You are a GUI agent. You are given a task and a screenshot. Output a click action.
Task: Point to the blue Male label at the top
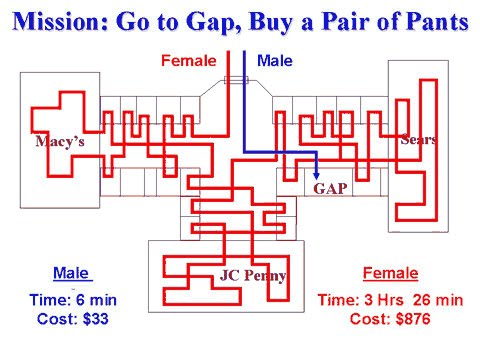point(275,61)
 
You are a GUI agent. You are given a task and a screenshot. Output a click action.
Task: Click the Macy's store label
point(61,141)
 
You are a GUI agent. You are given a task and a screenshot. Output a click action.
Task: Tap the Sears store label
point(418,139)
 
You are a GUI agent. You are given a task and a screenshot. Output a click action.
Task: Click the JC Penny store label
point(253,276)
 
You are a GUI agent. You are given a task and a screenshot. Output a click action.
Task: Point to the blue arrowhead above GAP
point(317,172)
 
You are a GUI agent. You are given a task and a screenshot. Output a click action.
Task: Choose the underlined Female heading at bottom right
point(390,273)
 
